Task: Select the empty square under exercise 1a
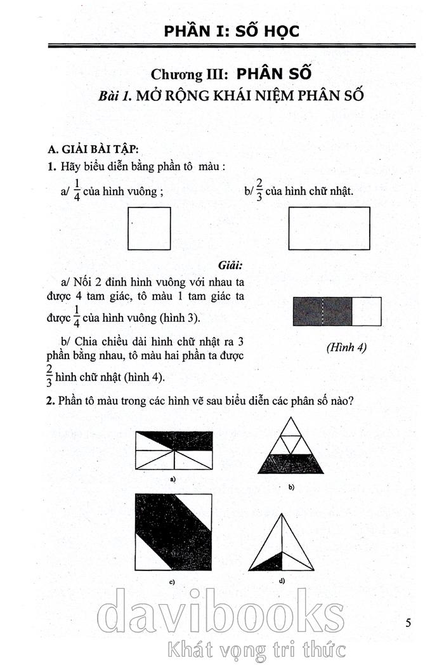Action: tap(149, 229)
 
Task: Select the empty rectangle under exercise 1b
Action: tap(329, 229)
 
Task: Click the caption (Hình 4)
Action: tap(346, 348)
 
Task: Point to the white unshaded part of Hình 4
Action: tap(367, 312)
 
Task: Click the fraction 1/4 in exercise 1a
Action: tap(77, 190)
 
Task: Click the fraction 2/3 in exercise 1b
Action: tap(260, 190)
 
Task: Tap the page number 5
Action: tap(408, 622)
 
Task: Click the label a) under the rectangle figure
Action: tap(173, 479)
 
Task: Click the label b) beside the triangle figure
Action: tap(291, 487)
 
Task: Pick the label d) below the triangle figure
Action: tap(281, 581)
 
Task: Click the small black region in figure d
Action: tap(271, 561)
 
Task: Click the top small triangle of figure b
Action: tap(291, 428)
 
